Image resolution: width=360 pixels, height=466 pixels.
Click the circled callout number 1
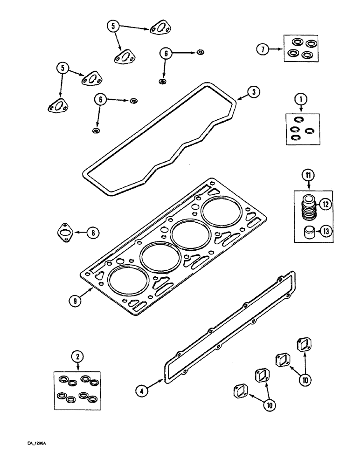tap(301, 99)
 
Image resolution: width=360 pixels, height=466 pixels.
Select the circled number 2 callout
tap(77, 357)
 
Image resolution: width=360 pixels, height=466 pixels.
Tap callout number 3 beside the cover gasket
tap(252, 92)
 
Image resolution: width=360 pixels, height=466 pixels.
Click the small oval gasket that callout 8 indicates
tap(65, 232)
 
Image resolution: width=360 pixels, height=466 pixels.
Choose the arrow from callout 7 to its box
tap(277, 49)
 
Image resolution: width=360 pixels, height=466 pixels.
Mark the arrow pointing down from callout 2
tap(77, 368)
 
